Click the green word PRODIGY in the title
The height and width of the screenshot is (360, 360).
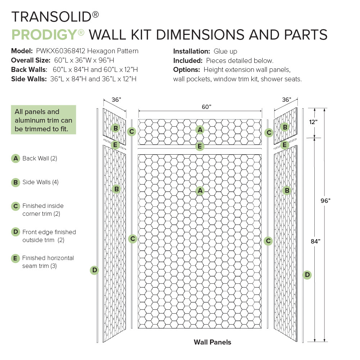[x=44, y=35]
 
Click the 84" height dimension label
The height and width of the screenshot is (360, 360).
[x=315, y=242]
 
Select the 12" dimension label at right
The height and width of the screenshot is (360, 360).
[x=313, y=122]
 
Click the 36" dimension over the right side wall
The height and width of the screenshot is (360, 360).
[x=286, y=100]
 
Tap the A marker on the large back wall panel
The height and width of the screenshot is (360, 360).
[x=200, y=191]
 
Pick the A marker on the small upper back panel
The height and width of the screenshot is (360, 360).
[x=200, y=129]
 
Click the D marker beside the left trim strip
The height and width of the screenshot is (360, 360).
[x=94, y=270]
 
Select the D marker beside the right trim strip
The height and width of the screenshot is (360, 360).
[x=307, y=275]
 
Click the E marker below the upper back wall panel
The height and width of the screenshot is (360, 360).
[x=200, y=146]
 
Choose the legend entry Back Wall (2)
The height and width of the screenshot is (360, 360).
[x=40, y=158]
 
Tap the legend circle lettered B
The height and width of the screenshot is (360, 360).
[x=15, y=182]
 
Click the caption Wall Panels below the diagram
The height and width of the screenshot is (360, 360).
[x=212, y=342]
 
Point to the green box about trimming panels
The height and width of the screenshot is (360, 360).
[x=44, y=120]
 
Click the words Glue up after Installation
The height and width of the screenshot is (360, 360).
[x=225, y=51]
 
